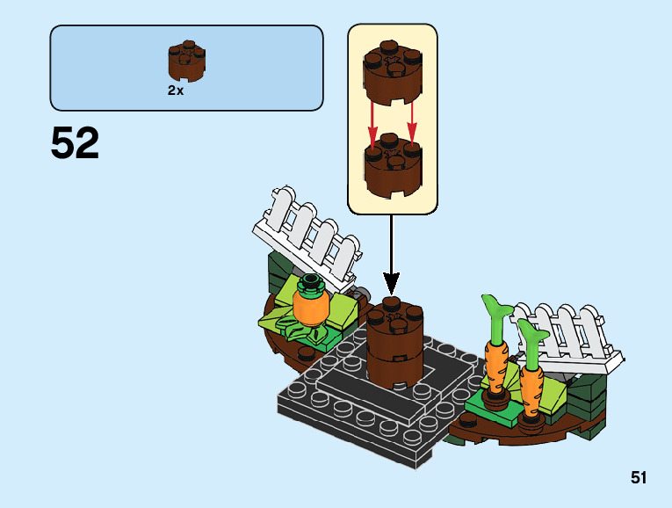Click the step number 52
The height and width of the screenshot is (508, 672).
pos(75,142)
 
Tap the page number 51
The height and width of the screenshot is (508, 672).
pos(638,477)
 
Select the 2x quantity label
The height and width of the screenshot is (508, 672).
pos(176,91)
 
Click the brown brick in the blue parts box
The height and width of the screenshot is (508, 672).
pos(186,61)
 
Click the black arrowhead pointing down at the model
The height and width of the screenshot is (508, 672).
pos(391,283)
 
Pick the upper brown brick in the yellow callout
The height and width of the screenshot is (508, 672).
pos(392,72)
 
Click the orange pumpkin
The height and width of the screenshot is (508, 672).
pos(311,307)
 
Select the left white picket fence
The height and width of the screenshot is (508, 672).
pos(307,237)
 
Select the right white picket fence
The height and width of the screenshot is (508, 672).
pos(566,337)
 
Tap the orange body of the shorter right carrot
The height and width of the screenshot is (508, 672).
pos(531,391)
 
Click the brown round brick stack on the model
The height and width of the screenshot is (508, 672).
pos(394,343)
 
